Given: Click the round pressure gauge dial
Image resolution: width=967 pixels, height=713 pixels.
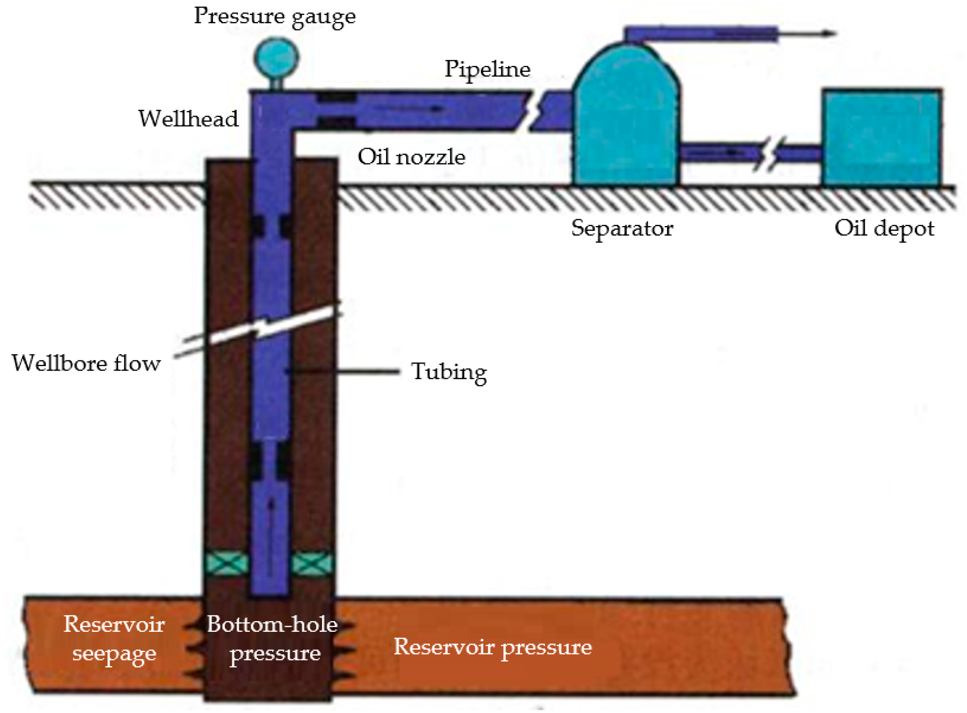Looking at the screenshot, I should click(276, 58).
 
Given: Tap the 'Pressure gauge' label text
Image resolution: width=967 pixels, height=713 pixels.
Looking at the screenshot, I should click(274, 16).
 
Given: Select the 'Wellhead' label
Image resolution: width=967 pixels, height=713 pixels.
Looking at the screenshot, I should click(188, 119).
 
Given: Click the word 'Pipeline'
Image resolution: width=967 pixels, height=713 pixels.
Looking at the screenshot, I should click(487, 69).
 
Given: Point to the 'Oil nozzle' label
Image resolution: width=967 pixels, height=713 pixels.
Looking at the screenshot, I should click(411, 157).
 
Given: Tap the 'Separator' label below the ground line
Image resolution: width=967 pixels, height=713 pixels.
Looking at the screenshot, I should click(622, 228).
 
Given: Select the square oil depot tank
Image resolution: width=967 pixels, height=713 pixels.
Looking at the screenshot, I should click(881, 137).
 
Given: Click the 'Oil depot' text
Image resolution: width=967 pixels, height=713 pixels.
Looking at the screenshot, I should click(884, 228).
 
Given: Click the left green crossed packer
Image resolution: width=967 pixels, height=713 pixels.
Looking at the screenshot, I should click(226, 563).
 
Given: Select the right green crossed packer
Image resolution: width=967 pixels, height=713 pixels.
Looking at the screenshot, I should click(311, 563).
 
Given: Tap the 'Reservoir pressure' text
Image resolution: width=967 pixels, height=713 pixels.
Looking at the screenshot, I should click(492, 647).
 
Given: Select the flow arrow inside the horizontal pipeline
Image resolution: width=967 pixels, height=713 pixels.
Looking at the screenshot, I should click(410, 108).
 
